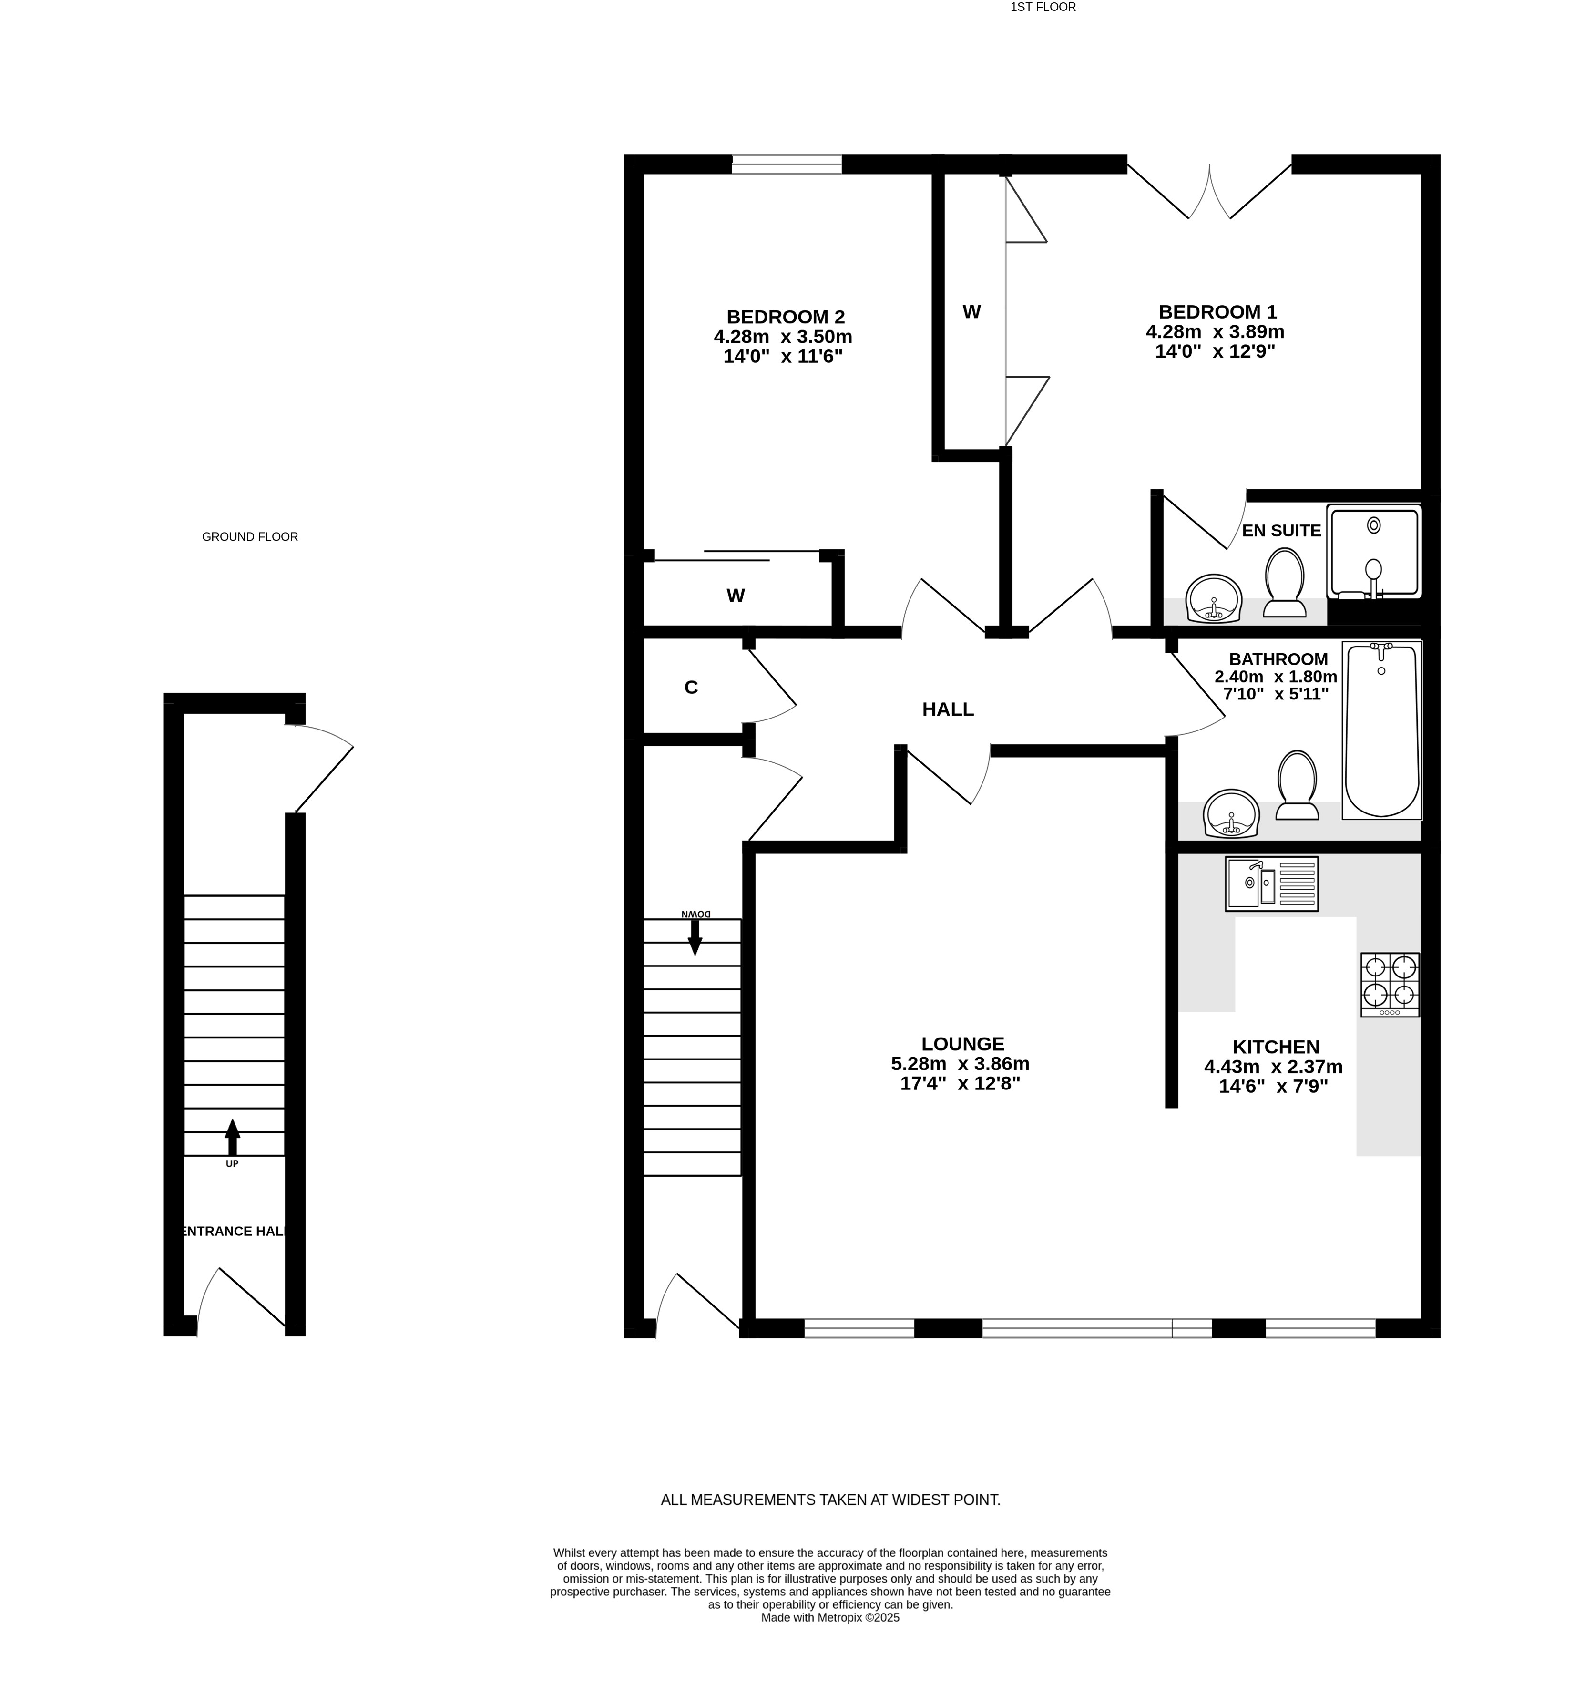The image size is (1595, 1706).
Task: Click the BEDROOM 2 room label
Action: coord(785,317)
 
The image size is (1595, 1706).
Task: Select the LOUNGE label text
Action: coord(962,1044)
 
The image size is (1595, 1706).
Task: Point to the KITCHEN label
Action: coord(1275,1047)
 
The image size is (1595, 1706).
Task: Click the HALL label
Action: coord(947,709)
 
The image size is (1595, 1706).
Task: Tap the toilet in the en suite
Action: coord(1284,583)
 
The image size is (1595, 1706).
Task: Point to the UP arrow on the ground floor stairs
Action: coord(232,1137)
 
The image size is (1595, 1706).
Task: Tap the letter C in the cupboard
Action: coord(691,687)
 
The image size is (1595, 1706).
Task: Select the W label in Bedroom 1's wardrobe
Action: coord(971,311)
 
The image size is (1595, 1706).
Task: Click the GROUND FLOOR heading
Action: coord(250,536)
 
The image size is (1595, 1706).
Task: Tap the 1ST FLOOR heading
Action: coord(1043,7)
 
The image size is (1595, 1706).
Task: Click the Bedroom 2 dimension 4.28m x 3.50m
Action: coord(783,337)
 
